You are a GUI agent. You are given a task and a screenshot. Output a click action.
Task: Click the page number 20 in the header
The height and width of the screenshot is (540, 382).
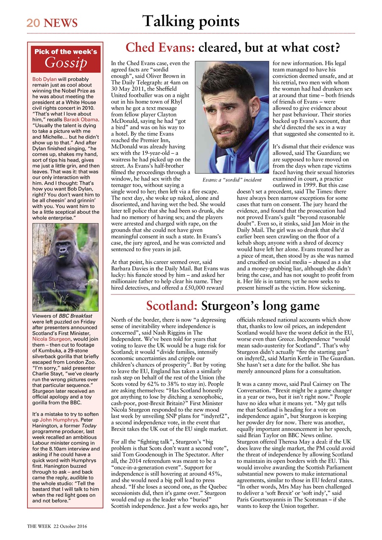pyautogui.click(x=33, y=23)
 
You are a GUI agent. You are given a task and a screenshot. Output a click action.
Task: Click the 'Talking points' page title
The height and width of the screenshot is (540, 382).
pyautogui.click(x=191, y=21)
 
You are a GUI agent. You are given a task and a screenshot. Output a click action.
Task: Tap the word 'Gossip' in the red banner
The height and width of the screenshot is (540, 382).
pyautogui.click(x=65, y=63)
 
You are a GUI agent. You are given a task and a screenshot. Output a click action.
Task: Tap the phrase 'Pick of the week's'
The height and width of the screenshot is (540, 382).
pyautogui.click(x=65, y=52)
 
